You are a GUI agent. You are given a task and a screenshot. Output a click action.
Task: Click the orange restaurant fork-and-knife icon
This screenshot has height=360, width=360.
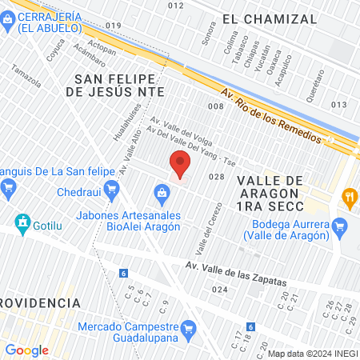click(x=349, y=196)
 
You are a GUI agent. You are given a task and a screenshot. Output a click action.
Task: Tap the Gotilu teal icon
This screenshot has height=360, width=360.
click(x=22, y=222)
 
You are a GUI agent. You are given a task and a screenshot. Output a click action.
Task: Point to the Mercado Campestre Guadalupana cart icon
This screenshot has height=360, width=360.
click(x=189, y=327)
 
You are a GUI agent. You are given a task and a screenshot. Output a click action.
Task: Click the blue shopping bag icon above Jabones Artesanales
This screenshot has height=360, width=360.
click(x=162, y=193)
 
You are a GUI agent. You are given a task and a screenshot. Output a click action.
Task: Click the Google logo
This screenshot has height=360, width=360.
click(x=27, y=350)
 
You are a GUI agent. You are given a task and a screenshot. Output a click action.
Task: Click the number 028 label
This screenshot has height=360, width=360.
click(x=215, y=177)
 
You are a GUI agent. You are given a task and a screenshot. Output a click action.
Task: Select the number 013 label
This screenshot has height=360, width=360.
click(x=339, y=105)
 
